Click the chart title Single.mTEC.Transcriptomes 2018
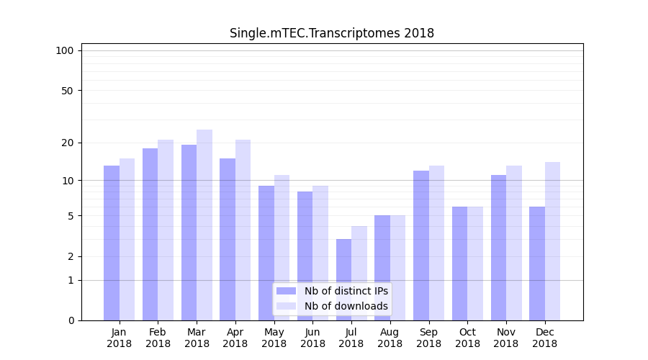click(331, 33)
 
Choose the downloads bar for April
click(243, 230)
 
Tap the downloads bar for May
click(282, 248)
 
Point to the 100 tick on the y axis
click(65, 50)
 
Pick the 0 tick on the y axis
click(71, 320)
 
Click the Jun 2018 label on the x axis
click(312, 338)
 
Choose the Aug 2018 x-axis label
click(390, 338)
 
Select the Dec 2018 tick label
click(544, 338)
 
